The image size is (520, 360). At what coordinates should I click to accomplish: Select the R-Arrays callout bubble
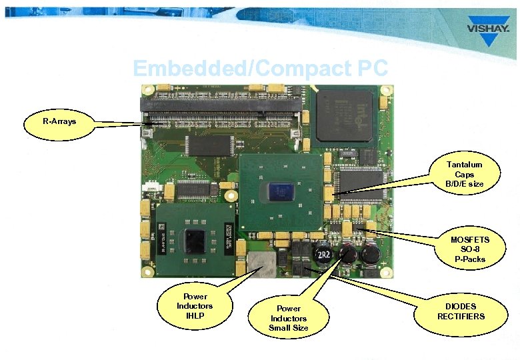point(59,122)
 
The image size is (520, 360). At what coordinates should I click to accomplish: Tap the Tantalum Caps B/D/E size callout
point(464,174)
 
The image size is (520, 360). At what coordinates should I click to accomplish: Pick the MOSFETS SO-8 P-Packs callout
point(469,249)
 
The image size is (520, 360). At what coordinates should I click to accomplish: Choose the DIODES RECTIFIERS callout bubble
point(461,311)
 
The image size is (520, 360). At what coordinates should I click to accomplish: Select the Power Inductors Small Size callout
point(289,318)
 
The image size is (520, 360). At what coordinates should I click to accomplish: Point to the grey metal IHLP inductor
point(262,265)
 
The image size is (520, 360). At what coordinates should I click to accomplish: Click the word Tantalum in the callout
point(464,164)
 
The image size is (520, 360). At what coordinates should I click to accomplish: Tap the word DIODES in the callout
point(461,307)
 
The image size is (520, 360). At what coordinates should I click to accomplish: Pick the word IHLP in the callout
point(195,315)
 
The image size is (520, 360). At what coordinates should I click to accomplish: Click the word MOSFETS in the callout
point(469,239)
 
